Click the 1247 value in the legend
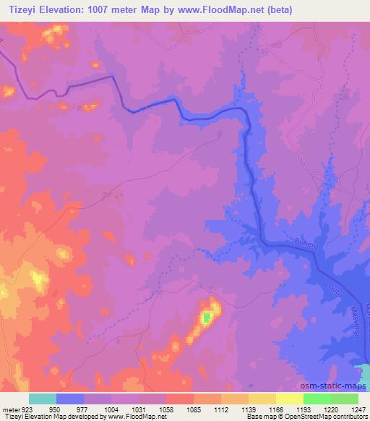tap(358, 409)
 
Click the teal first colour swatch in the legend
tap(43, 399)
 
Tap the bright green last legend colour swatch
tap(344, 399)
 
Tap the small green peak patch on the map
tap(208, 317)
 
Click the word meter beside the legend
tap(9, 409)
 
